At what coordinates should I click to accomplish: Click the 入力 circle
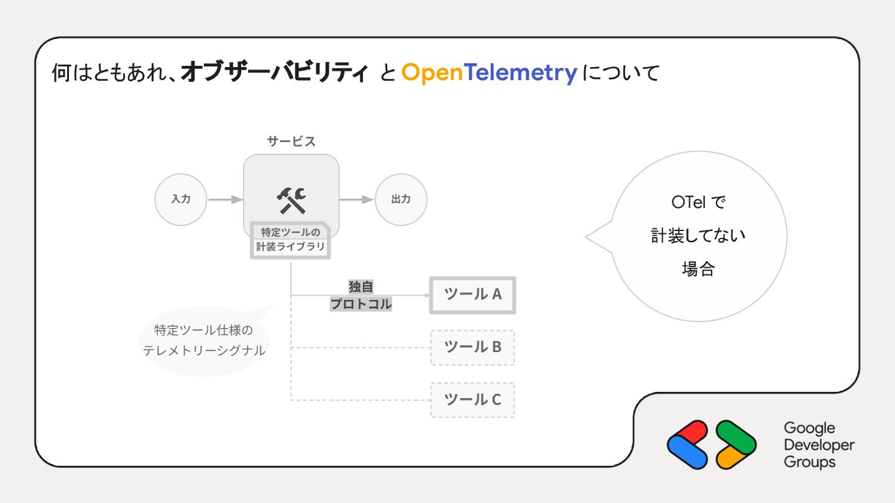(181, 199)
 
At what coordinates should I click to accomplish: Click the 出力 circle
(401, 199)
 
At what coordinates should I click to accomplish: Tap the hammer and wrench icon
(291, 200)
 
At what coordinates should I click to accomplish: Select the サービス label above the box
(291, 142)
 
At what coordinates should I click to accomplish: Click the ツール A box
(472, 294)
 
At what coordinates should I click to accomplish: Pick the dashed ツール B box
(472, 347)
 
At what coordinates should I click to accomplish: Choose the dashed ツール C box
(472, 399)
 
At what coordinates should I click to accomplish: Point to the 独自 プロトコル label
(361, 296)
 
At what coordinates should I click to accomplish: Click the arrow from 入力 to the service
(225, 200)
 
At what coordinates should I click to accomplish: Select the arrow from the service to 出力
(357, 200)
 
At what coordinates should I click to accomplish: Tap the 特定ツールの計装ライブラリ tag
(291, 240)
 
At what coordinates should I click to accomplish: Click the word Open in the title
(432, 73)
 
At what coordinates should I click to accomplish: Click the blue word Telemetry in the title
(521, 73)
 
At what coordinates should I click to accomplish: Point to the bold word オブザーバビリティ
(274, 73)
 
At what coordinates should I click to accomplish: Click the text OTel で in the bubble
(698, 202)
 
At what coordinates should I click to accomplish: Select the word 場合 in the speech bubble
(698, 269)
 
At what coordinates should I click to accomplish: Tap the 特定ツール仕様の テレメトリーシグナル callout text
(204, 340)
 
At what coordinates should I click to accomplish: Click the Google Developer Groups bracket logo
(712, 445)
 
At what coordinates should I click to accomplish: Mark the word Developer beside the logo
(819, 445)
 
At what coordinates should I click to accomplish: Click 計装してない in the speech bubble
(698, 236)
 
